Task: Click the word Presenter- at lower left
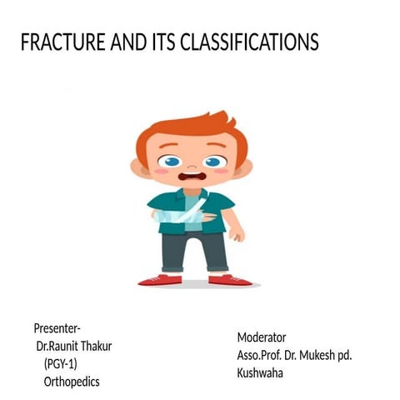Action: tap(57, 327)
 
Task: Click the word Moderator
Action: tap(261, 337)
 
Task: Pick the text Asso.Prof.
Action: tap(262, 355)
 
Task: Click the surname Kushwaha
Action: tap(260, 372)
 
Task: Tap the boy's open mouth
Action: tap(192, 177)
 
